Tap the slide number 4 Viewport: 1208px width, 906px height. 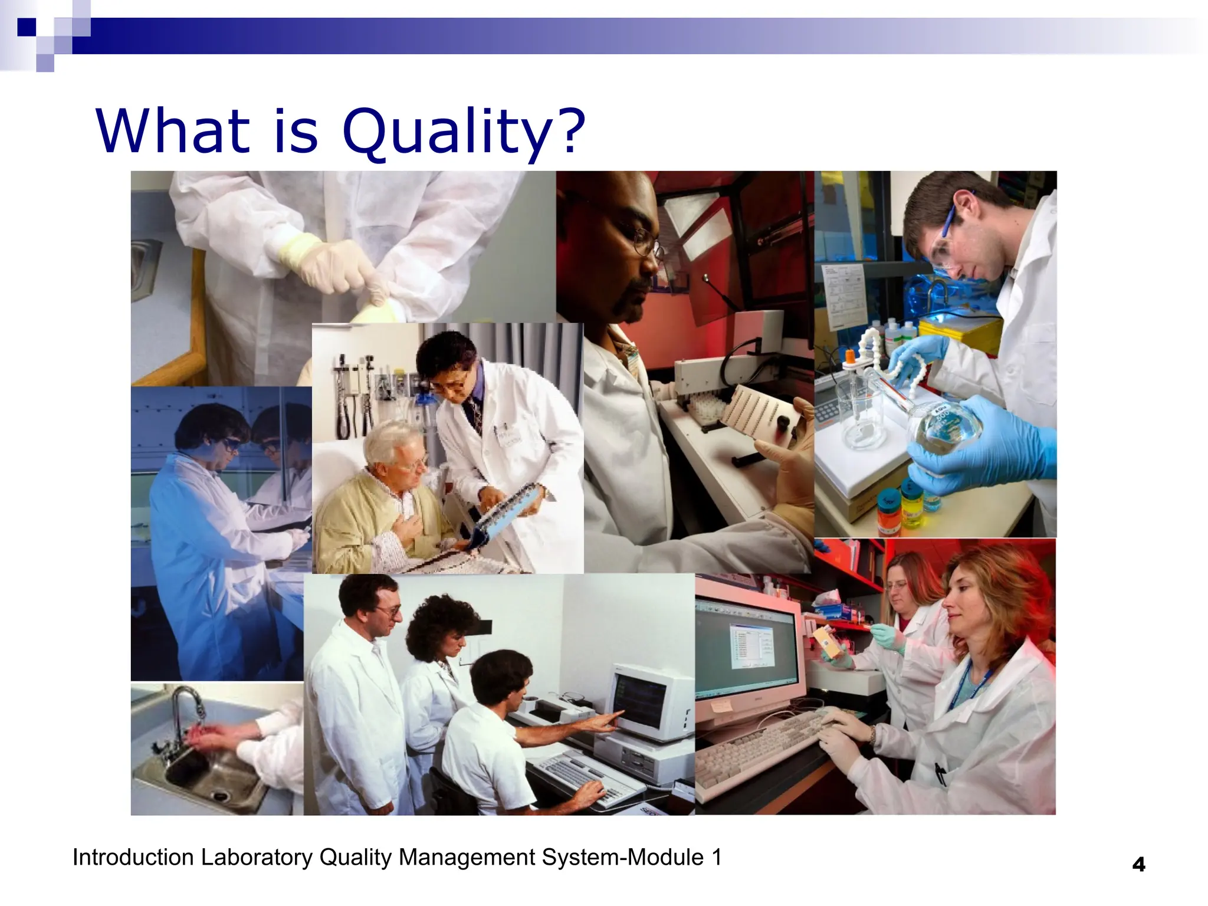click(1138, 865)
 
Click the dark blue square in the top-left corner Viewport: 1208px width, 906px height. click(27, 27)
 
